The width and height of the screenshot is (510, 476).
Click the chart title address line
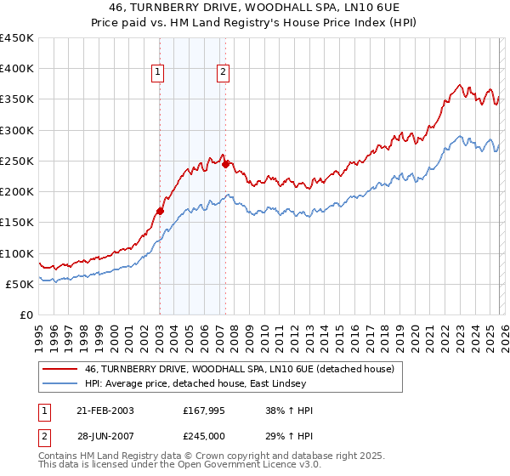[x=254, y=8]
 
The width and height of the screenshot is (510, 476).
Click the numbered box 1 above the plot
[x=159, y=73]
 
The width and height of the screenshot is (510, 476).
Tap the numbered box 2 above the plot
[x=223, y=73]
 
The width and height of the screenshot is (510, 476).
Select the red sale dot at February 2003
[x=160, y=211]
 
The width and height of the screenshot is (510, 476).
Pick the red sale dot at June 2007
[x=225, y=164]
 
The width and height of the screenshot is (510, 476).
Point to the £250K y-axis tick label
[x=16, y=161]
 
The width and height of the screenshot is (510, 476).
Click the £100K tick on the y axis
[x=16, y=253]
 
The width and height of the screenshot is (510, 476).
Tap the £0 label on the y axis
[x=27, y=315]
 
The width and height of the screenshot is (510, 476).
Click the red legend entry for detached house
[x=239, y=370]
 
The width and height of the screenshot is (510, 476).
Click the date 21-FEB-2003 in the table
[x=105, y=411]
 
